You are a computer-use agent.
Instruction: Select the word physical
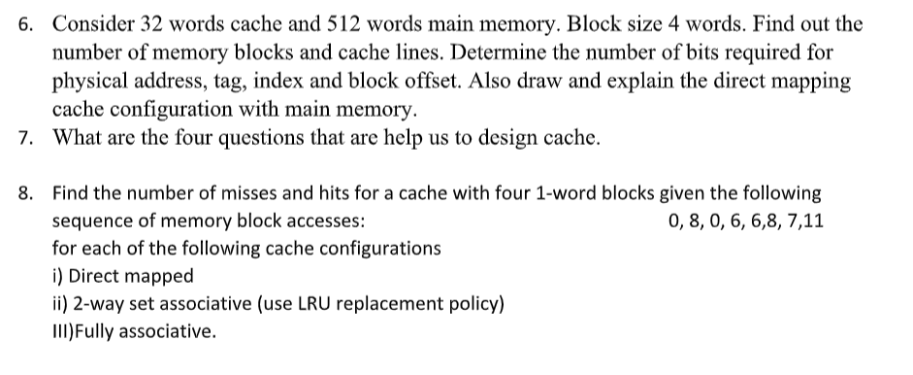point(88,80)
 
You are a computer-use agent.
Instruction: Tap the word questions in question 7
point(257,137)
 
